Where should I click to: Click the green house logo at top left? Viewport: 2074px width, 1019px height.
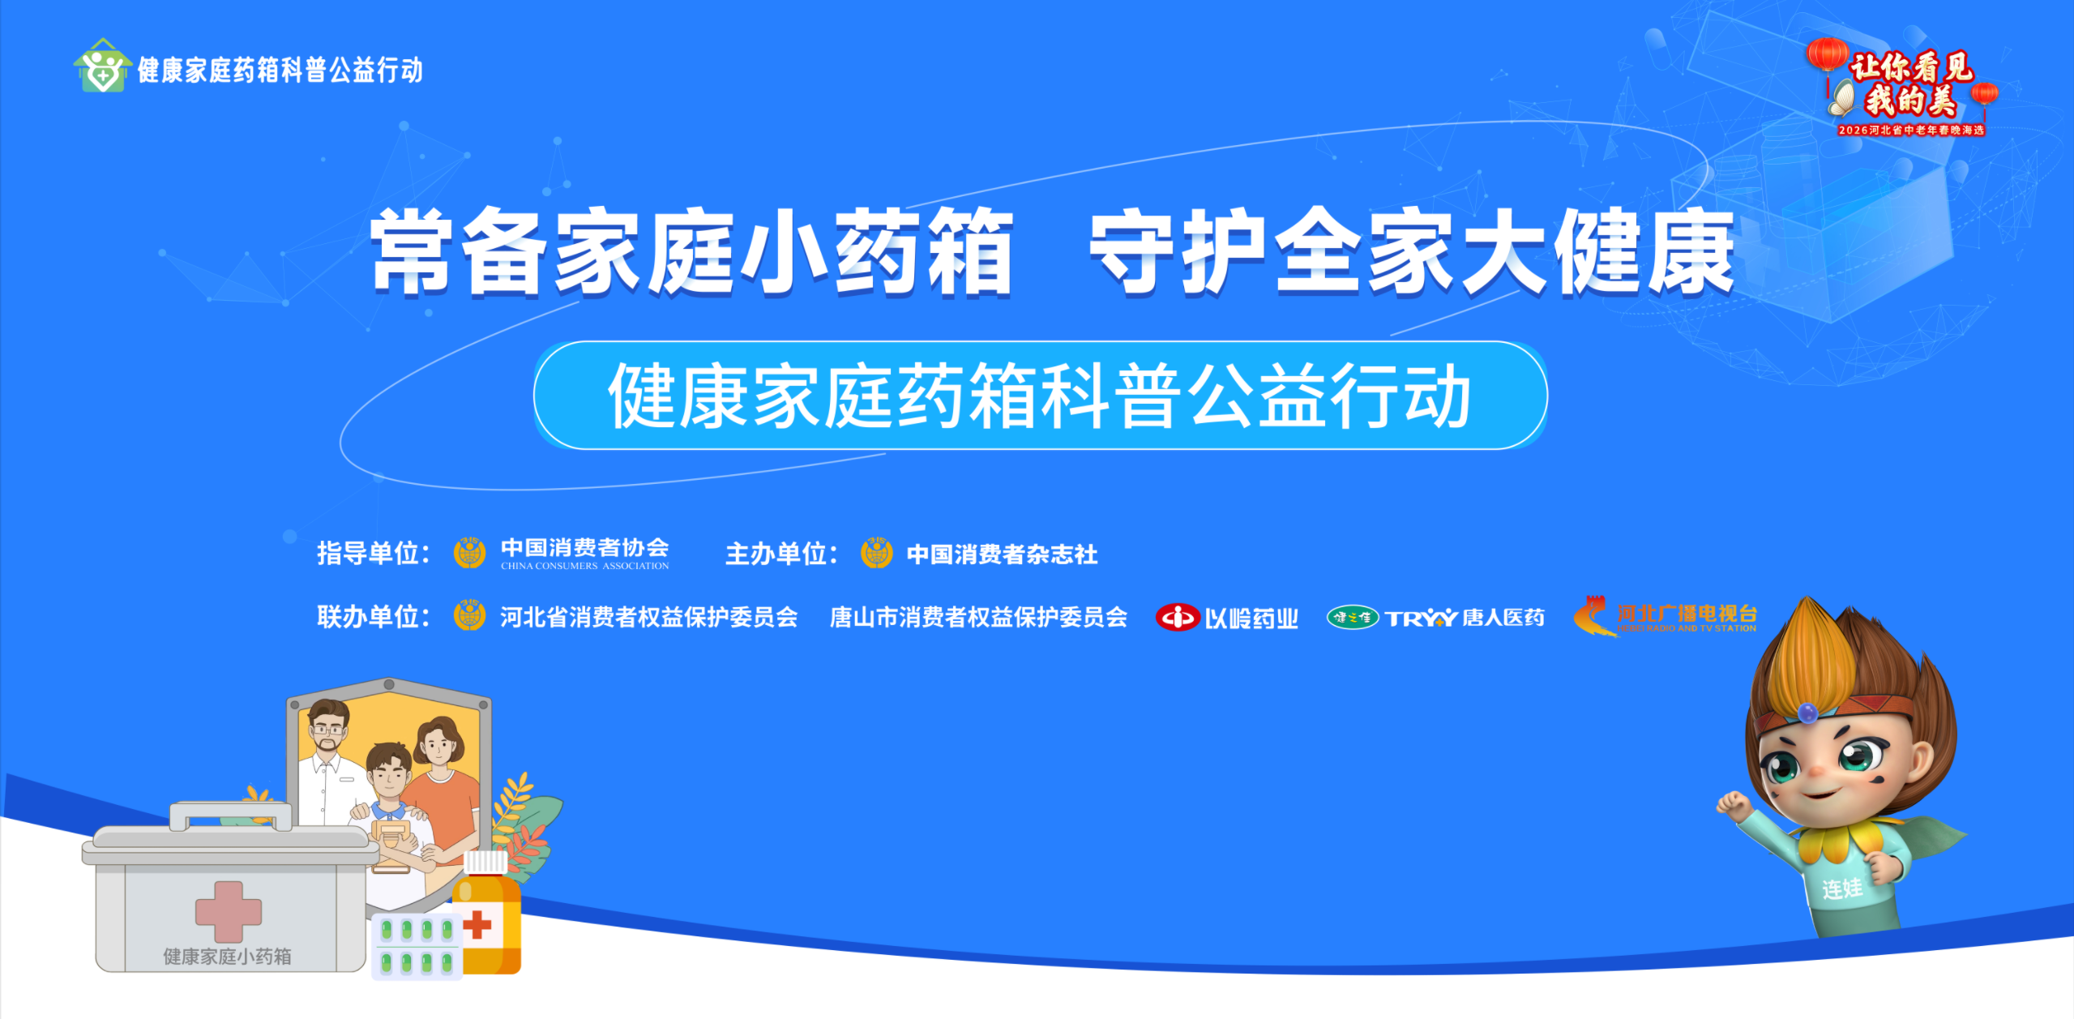102,66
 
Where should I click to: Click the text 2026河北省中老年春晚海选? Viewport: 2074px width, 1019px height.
1911,130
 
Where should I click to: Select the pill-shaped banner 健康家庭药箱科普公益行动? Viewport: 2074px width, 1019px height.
1041,396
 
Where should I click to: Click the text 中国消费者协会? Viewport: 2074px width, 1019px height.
584,548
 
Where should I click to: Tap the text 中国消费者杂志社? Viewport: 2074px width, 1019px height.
1002,554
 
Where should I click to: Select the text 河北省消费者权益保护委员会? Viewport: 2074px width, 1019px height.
648,618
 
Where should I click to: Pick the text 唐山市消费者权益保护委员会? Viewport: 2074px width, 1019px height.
978,618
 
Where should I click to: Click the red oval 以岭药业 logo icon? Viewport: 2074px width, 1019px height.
1177,618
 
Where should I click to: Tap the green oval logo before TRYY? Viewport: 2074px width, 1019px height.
1352,618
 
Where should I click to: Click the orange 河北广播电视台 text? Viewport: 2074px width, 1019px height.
1687,614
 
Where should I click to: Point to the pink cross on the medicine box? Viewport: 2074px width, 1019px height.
229,911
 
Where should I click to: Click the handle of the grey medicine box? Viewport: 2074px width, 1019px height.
231,815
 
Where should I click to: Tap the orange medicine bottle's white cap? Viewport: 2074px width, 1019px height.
485,862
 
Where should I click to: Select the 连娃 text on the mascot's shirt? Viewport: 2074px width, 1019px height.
1841,888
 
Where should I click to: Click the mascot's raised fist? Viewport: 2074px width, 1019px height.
1734,805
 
